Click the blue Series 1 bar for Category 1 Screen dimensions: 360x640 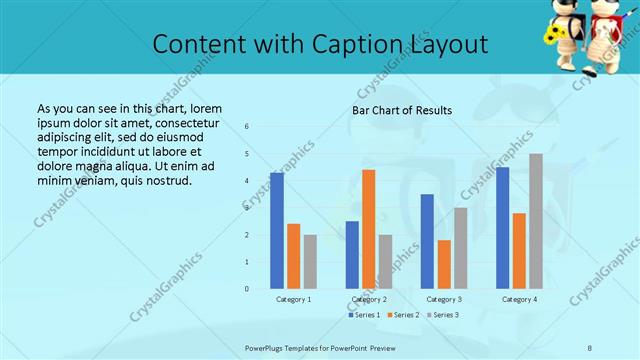pyautogui.click(x=276, y=231)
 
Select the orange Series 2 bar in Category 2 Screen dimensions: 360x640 pyautogui.click(x=368, y=229)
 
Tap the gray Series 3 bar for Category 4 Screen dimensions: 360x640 pyautogui.click(x=536, y=221)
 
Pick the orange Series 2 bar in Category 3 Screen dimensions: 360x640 pyautogui.click(x=444, y=264)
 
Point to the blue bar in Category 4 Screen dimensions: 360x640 pyautogui.click(x=502, y=228)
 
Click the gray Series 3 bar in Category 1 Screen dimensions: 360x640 pyautogui.click(x=310, y=262)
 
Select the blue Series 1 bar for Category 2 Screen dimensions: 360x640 pyautogui.click(x=352, y=255)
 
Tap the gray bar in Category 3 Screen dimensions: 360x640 pyautogui.click(x=460, y=248)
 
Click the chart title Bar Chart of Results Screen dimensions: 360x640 pyautogui.click(x=402, y=110)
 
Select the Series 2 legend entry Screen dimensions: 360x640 pyautogui.click(x=403, y=315)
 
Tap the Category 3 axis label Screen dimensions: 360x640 pyautogui.click(x=443, y=299)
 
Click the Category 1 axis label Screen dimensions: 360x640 pyautogui.click(x=293, y=299)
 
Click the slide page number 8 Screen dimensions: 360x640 pyautogui.click(x=590, y=348)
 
